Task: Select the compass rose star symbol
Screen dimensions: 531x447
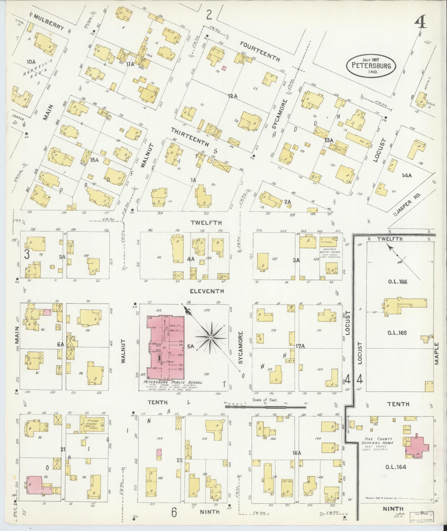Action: (211, 338)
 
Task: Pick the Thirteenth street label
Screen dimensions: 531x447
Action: (190, 137)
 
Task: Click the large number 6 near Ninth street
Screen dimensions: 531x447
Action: (173, 505)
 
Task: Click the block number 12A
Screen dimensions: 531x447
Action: (233, 96)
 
